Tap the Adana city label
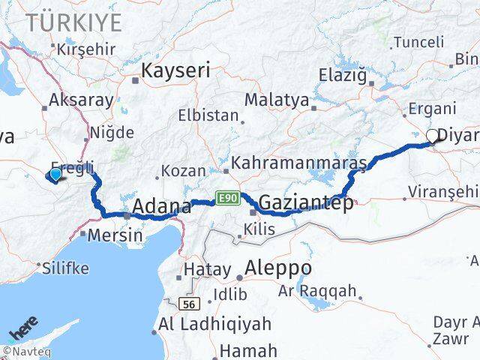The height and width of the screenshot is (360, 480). point(161,206)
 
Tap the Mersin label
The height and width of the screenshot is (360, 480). point(115,235)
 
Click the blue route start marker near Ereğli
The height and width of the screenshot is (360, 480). point(55,175)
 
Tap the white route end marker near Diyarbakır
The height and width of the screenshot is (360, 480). point(433,136)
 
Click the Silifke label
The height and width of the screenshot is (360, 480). point(66,267)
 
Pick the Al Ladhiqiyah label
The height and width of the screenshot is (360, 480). point(214,325)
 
